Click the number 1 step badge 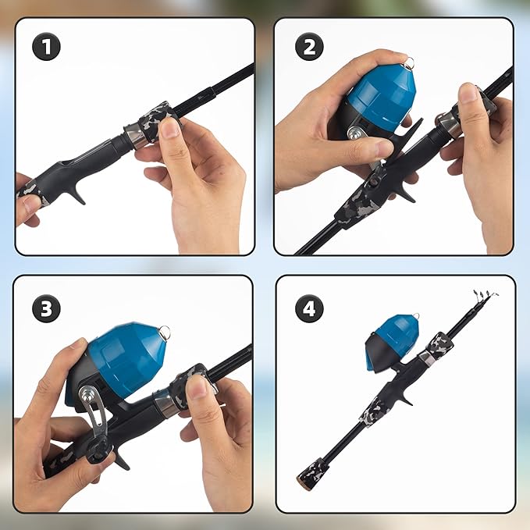point(47,47)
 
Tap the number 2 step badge point(310,47)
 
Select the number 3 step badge point(47,309)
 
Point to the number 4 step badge point(310,309)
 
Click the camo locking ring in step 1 point(158,119)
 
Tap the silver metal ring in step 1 point(133,136)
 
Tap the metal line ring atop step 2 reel point(407,60)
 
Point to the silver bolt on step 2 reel point(354,133)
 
